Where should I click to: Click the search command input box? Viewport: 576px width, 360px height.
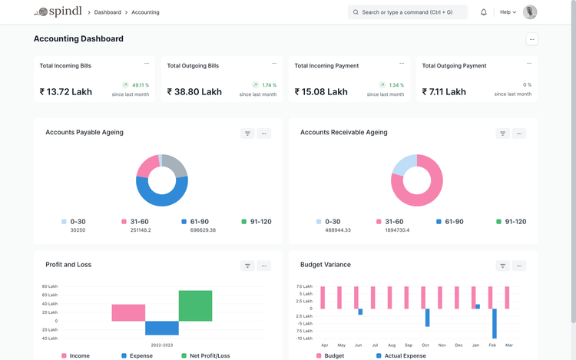point(408,12)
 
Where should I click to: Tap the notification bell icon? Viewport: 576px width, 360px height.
point(484,12)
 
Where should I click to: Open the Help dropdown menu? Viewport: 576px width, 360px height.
point(508,12)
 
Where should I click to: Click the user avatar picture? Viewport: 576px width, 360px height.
point(530,12)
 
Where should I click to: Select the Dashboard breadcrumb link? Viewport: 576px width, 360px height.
point(108,12)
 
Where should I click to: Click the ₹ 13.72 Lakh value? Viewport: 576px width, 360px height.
point(66,92)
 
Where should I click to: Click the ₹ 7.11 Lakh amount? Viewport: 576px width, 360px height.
point(444,92)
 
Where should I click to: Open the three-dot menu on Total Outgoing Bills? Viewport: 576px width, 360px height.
point(274,64)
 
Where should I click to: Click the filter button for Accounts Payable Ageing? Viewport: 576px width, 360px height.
point(247,134)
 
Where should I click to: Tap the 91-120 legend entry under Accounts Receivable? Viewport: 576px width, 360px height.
point(510,222)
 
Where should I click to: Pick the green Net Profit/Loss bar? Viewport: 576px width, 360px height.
point(195,306)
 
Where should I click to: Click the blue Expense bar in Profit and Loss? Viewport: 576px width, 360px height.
point(162,328)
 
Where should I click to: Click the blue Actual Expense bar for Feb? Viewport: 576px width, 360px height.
point(495,323)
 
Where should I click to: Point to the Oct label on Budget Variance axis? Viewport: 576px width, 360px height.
point(425,345)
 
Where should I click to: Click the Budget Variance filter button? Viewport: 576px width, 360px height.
point(502,266)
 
